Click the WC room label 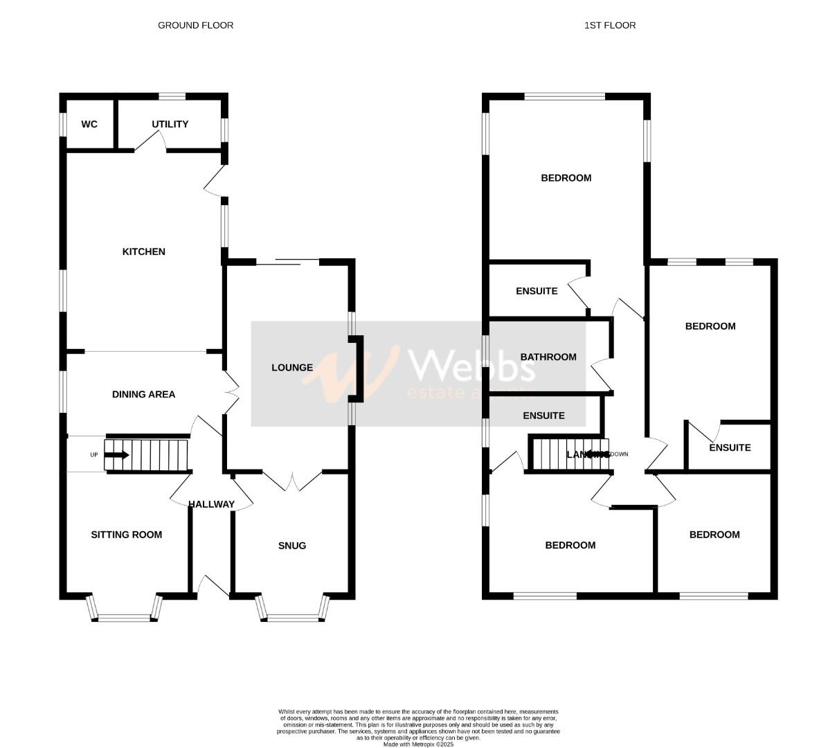(x=89, y=125)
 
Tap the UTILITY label (x=170, y=125)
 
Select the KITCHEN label (x=144, y=251)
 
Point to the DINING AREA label (x=144, y=394)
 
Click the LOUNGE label (x=292, y=368)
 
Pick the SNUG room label (x=292, y=546)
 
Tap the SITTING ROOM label (x=127, y=535)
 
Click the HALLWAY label (x=212, y=504)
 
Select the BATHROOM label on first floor (x=548, y=357)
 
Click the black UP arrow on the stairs (x=116, y=455)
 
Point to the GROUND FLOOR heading (x=196, y=26)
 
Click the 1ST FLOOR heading (x=610, y=26)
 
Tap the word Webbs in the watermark (x=473, y=364)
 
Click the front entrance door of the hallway (x=213, y=586)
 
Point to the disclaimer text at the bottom (x=419, y=724)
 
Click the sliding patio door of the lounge (x=287, y=262)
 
